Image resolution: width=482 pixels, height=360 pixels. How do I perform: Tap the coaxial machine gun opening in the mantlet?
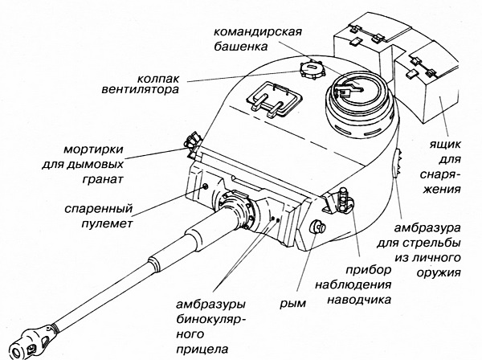pos(206,186)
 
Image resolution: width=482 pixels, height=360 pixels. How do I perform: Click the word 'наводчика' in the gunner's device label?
pos(359,301)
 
